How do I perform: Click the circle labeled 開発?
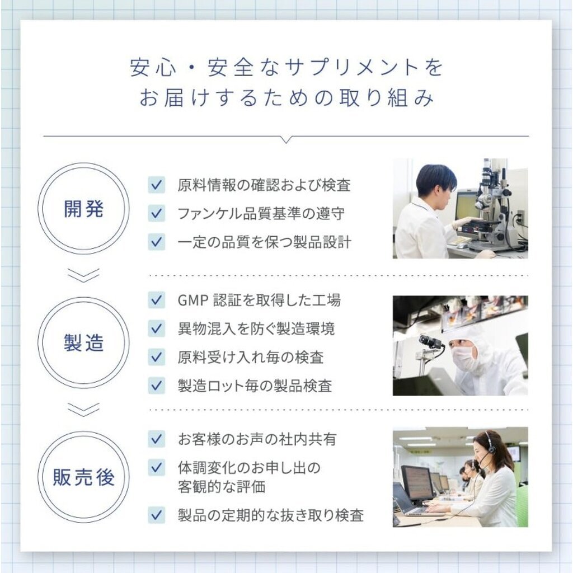click(x=83, y=164)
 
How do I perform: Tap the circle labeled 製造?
click(x=83, y=298)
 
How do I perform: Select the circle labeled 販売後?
click(x=83, y=432)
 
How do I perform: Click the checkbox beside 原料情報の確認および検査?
click(x=157, y=185)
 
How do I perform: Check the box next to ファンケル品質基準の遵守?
click(x=157, y=213)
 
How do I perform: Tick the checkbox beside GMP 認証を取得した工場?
click(x=157, y=300)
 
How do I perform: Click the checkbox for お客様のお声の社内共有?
click(x=157, y=439)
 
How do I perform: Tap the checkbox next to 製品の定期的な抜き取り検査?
click(x=157, y=515)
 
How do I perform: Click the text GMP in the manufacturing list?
click(x=192, y=300)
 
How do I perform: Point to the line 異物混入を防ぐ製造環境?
click(x=256, y=329)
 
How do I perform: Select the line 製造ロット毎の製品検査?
click(x=255, y=386)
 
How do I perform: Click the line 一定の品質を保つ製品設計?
click(x=264, y=242)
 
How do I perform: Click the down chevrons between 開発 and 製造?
click(x=83, y=275)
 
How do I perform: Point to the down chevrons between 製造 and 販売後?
click(x=83, y=410)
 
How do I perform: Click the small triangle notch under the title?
click(x=287, y=139)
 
